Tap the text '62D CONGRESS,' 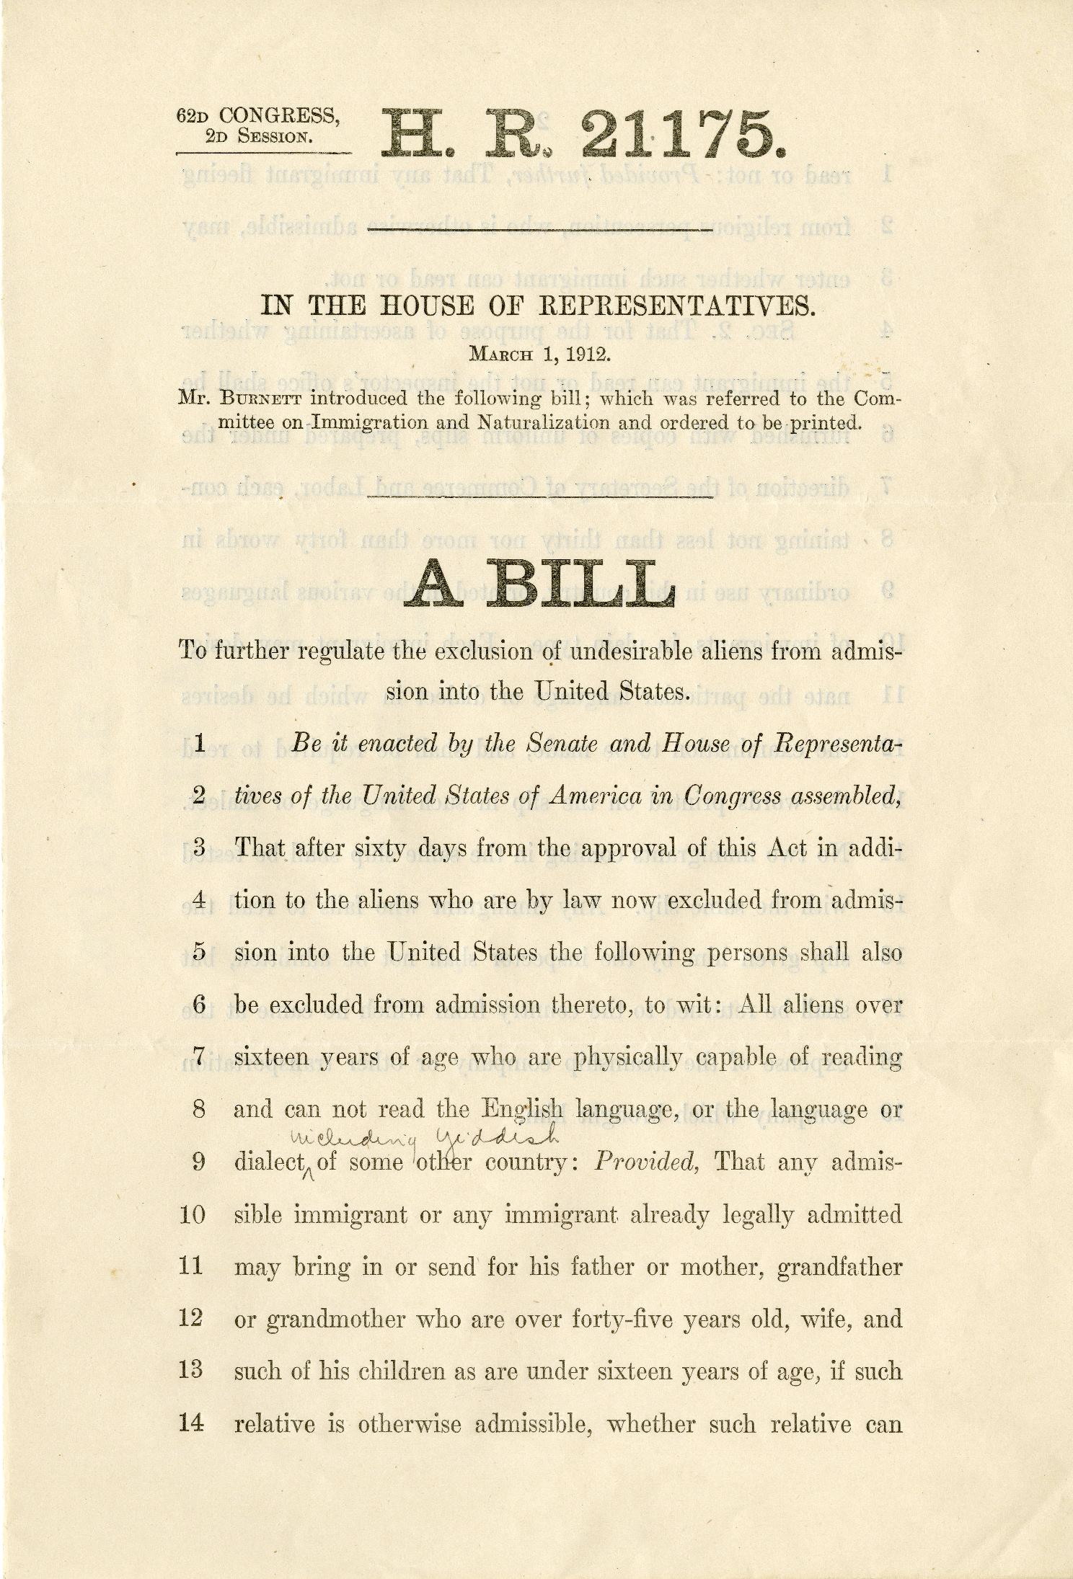257,115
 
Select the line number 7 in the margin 200,1058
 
